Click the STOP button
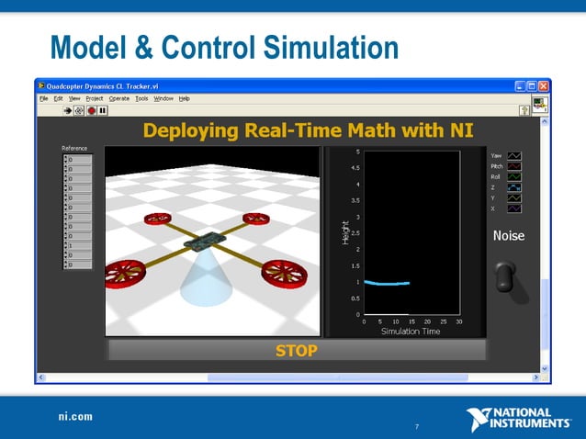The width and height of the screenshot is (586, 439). [296, 350]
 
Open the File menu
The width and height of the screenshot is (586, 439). [43, 98]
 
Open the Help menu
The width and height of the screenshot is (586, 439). [184, 98]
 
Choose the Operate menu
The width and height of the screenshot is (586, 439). [119, 98]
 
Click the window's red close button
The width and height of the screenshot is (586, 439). [543, 85]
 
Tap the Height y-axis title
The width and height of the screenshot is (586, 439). [344, 231]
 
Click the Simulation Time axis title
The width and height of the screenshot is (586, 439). [411, 332]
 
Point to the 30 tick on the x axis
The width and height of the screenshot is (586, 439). [458, 321]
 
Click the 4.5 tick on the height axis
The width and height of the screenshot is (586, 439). [355, 168]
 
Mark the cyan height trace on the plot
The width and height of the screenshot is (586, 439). [386, 283]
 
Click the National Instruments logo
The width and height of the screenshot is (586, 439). [518, 419]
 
